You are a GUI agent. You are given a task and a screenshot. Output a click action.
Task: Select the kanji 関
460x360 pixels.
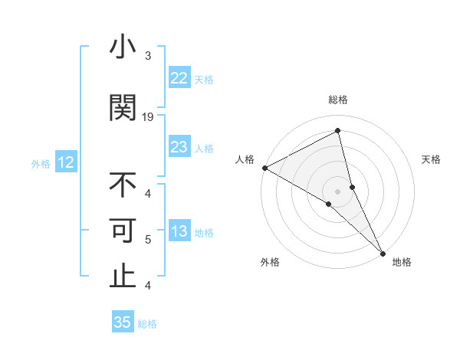pos(123,108)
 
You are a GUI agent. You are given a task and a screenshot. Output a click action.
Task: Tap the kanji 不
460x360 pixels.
pos(123,186)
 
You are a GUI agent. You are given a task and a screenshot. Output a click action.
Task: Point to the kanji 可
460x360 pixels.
pos(123,231)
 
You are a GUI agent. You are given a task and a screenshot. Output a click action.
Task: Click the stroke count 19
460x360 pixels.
pos(148,117)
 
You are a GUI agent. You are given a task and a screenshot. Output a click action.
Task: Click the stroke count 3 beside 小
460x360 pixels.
pos(148,56)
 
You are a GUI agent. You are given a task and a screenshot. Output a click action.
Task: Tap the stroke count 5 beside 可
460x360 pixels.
pos(148,240)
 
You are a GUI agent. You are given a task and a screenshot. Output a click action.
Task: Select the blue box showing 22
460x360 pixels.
pos(179,78)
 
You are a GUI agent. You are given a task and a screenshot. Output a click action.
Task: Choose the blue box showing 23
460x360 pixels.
pos(179,147)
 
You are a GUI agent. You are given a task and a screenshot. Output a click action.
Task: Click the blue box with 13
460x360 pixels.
pos(179,231)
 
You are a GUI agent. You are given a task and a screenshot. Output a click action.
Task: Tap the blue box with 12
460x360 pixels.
pos(65,162)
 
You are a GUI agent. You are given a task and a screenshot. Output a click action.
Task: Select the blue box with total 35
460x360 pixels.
pos(123,322)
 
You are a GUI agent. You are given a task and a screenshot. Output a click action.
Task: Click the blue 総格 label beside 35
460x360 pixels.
pos(147,324)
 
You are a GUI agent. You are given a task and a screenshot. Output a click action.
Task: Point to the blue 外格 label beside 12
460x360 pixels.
pos(41,163)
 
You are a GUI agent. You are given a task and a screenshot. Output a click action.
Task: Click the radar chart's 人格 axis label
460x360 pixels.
pos(245,159)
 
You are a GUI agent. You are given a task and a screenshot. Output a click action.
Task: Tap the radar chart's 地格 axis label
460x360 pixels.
pos(402,263)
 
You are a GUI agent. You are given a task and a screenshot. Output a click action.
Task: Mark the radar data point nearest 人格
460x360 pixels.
pos(264,168)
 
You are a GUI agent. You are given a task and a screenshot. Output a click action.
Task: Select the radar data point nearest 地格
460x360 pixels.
pos(383,253)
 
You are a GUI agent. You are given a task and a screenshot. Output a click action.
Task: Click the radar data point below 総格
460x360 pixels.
pos(337,132)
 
